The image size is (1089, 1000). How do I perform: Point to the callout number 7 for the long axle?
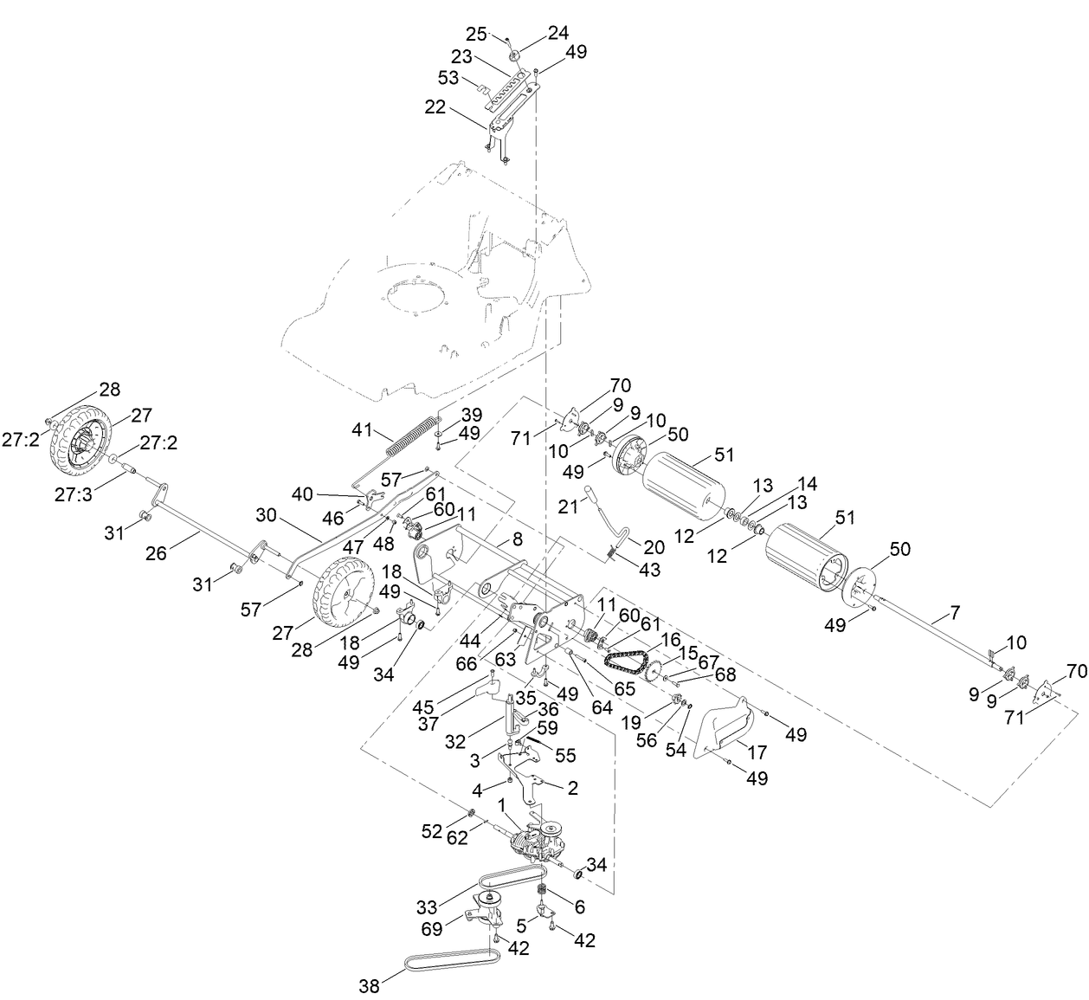click(955, 613)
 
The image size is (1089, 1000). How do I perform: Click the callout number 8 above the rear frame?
click(517, 539)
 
